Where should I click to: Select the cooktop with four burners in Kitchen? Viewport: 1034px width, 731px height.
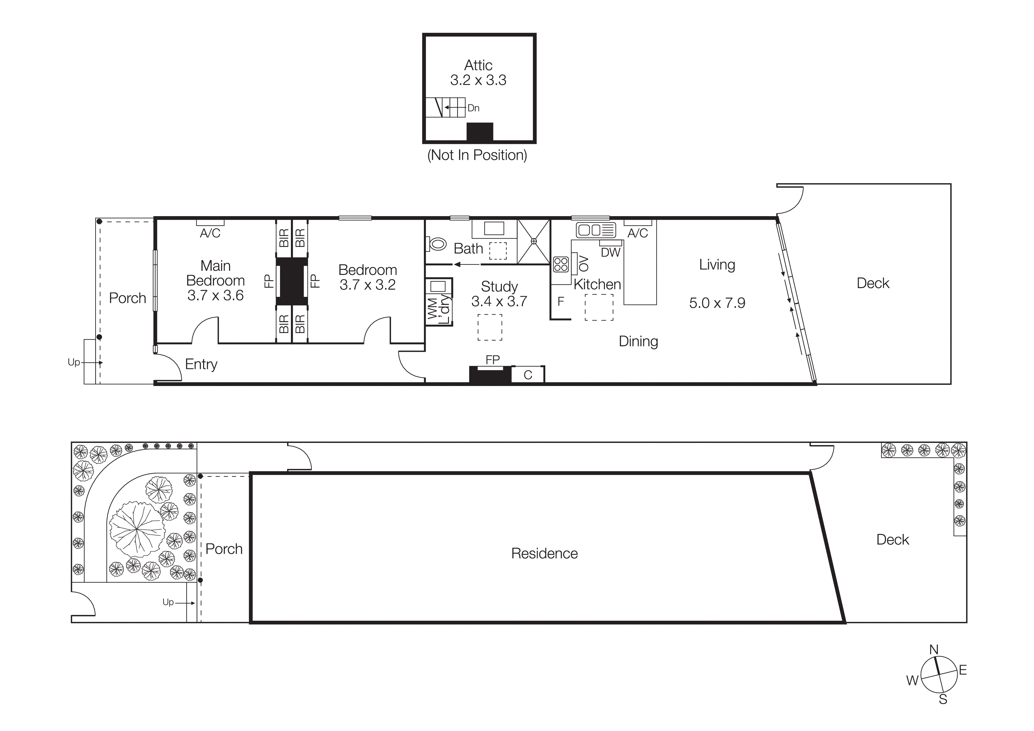(561, 265)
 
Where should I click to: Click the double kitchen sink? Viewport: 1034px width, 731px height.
(595, 230)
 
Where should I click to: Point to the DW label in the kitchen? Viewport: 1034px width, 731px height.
(611, 253)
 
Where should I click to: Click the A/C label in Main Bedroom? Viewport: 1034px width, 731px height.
(210, 233)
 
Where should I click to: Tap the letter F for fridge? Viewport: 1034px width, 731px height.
(561, 301)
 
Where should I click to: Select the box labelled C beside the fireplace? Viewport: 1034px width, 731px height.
(528, 375)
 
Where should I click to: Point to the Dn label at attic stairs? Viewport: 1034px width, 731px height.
(473, 108)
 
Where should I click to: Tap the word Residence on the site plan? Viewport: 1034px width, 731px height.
(544, 553)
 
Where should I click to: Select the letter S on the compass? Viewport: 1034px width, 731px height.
(943, 699)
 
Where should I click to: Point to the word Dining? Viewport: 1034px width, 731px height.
(638, 341)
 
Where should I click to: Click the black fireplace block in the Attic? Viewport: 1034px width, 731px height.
(480, 132)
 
